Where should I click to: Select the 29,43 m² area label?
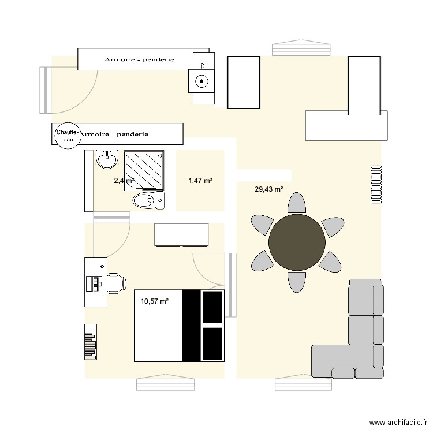point(268,189)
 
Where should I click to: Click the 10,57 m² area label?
point(154,301)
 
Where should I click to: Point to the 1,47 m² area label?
point(200,181)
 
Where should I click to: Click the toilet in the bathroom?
point(148,200)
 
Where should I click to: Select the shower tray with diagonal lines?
point(144,170)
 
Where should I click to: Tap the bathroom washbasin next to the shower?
point(107,159)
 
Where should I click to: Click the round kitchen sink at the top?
point(201,81)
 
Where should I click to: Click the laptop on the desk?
point(94,283)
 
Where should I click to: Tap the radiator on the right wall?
point(376,185)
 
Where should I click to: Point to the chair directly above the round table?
point(297,203)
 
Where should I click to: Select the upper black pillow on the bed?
point(212,307)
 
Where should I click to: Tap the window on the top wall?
point(302,46)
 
